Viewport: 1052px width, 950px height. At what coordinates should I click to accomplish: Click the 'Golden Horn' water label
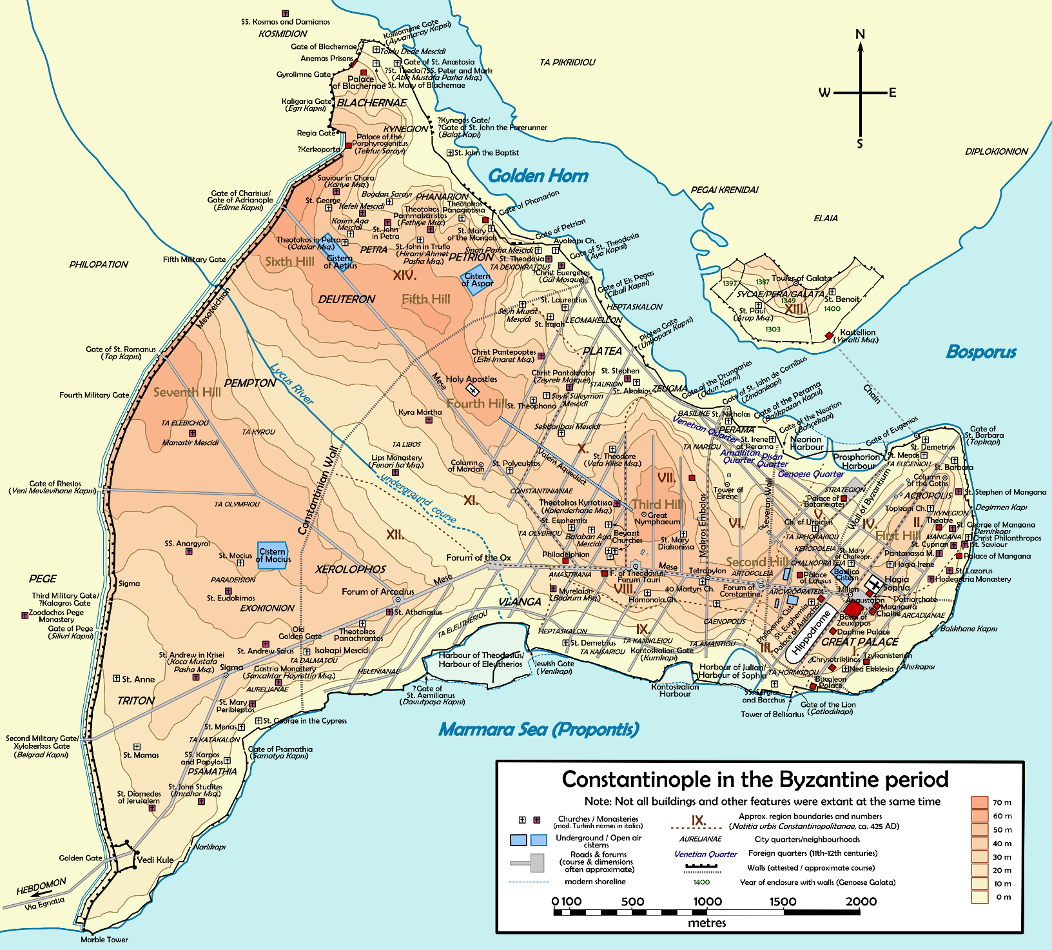pyautogui.click(x=538, y=176)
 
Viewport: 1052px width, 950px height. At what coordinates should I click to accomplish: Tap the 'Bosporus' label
pyautogui.click(x=980, y=352)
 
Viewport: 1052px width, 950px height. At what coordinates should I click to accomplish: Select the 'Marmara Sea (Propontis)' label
pyautogui.click(x=539, y=729)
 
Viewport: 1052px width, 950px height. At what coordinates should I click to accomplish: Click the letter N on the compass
pyautogui.click(x=860, y=34)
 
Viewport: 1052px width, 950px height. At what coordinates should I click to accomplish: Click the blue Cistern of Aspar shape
pyautogui.click(x=478, y=280)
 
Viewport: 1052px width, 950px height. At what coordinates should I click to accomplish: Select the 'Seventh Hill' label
pyautogui.click(x=187, y=392)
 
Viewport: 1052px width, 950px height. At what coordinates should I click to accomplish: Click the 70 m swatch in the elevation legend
pyautogui.click(x=979, y=802)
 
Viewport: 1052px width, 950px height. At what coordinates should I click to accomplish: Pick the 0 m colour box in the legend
pyautogui.click(x=979, y=896)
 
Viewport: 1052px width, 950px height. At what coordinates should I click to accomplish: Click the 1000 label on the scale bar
pyautogui.click(x=707, y=902)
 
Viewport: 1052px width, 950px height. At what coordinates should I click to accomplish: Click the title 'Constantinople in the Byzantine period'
pyautogui.click(x=755, y=779)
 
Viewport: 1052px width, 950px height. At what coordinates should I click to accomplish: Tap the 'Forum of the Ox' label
pyautogui.click(x=478, y=558)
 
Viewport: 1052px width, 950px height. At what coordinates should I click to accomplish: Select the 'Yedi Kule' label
pyautogui.click(x=155, y=860)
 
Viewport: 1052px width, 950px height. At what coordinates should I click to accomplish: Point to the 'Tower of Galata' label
pyautogui.click(x=801, y=279)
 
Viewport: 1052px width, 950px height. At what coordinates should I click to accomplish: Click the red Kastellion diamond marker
pyautogui.click(x=829, y=335)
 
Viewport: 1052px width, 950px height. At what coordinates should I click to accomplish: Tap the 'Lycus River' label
pyautogui.click(x=291, y=384)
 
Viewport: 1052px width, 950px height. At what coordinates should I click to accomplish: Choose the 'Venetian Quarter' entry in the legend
pyautogui.click(x=705, y=854)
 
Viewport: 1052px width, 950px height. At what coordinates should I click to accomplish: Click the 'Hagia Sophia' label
pyautogui.click(x=896, y=583)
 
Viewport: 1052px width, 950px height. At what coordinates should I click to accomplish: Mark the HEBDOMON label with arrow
pyautogui.click(x=41, y=887)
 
